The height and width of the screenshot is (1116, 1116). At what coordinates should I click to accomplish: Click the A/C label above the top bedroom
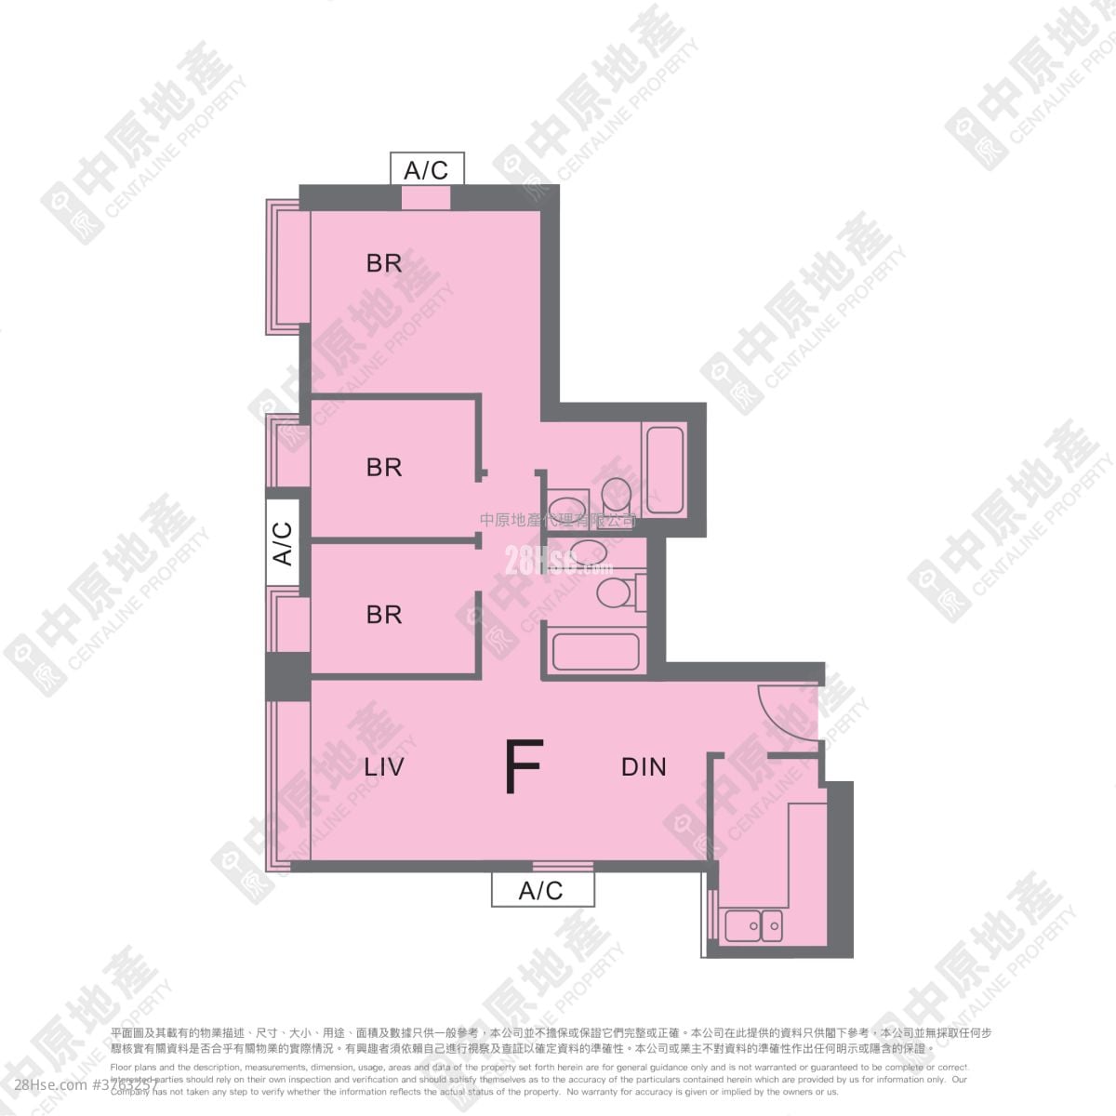tap(426, 169)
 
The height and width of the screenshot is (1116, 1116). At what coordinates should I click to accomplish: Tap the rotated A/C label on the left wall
tap(282, 543)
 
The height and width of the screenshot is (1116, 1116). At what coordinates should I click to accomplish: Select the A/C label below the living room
tap(541, 890)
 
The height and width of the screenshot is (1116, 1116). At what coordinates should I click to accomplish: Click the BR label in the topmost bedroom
tap(384, 263)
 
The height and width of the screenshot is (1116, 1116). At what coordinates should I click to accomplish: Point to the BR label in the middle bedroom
tap(384, 467)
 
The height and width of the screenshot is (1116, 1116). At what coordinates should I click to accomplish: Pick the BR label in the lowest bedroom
tap(384, 615)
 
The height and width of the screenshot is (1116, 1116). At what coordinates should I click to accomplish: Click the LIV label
tap(388, 767)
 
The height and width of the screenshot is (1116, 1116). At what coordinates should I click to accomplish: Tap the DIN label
tap(644, 767)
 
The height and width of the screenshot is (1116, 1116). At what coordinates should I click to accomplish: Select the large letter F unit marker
tap(523, 768)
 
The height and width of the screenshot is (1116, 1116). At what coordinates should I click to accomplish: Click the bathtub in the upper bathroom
tap(665, 469)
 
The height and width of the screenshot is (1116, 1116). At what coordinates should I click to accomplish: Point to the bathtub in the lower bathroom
tap(594, 650)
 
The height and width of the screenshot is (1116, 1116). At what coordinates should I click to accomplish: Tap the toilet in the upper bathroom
tap(617, 493)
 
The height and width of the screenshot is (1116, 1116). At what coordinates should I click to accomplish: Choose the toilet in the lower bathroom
tap(615, 591)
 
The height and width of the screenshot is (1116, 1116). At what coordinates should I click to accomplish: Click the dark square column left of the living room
tap(286, 676)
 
